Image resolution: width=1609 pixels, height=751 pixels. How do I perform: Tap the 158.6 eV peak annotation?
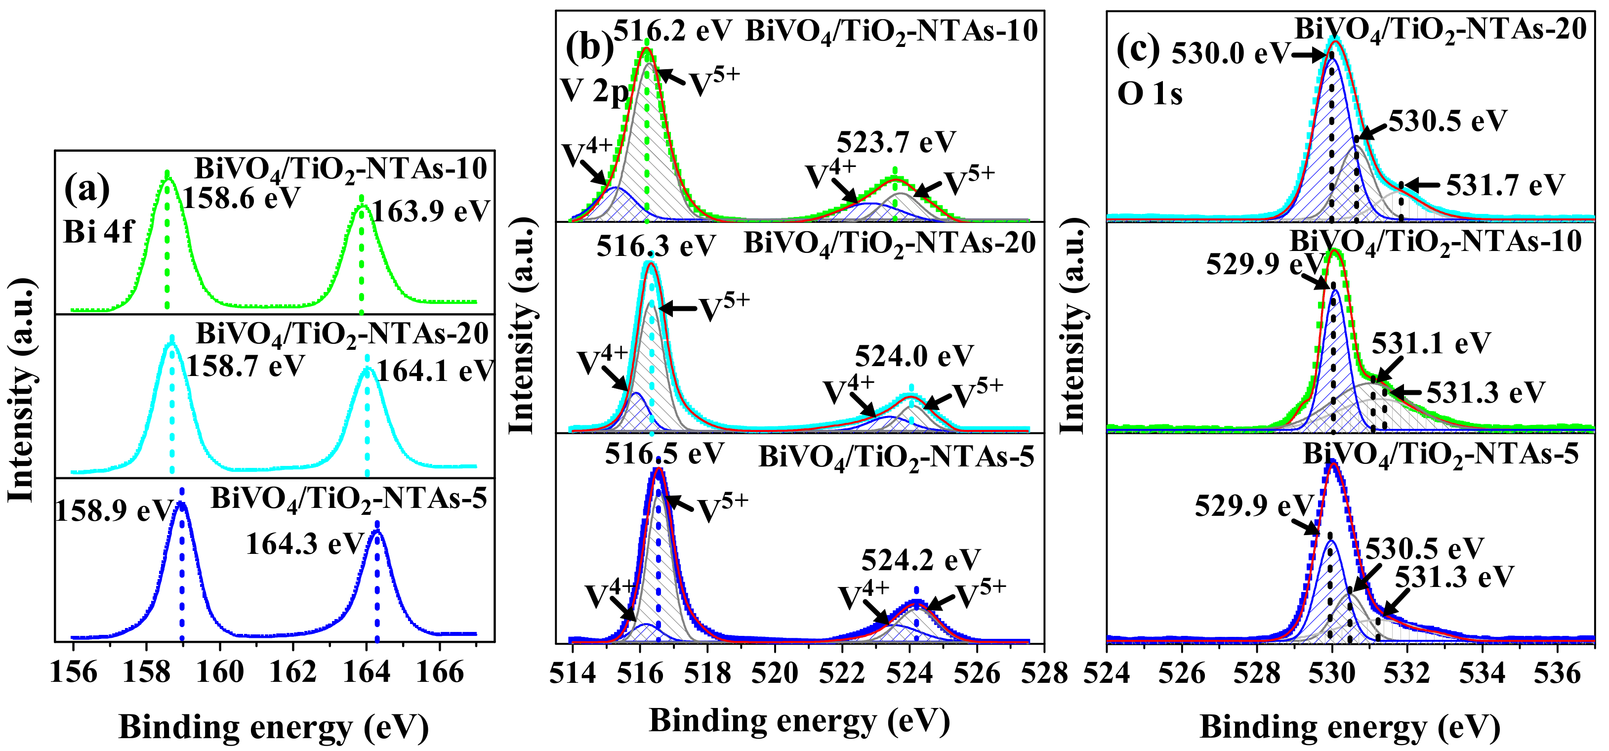pyautogui.click(x=242, y=198)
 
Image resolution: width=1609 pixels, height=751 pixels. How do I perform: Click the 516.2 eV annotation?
pyautogui.click(x=673, y=30)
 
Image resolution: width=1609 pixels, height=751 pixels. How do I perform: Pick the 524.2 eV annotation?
pyautogui.click(x=921, y=560)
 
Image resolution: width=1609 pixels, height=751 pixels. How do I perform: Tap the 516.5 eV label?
pyautogui.click(x=664, y=454)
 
